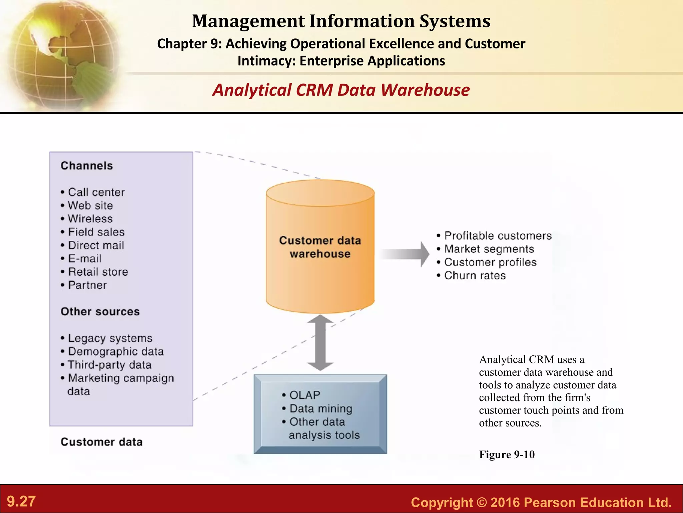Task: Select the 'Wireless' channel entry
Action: tap(90, 219)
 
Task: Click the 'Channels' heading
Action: tap(87, 166)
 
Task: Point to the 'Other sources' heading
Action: tap(100, 312)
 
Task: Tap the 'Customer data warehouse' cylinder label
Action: tap(320, 247)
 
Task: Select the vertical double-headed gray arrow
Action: tap(320, 343)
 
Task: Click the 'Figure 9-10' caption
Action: tap(507, 455)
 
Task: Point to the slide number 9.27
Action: tap(21, 501)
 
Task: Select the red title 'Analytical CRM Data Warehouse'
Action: tap(341, 90)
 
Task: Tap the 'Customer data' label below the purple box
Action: tap(101, 442)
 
